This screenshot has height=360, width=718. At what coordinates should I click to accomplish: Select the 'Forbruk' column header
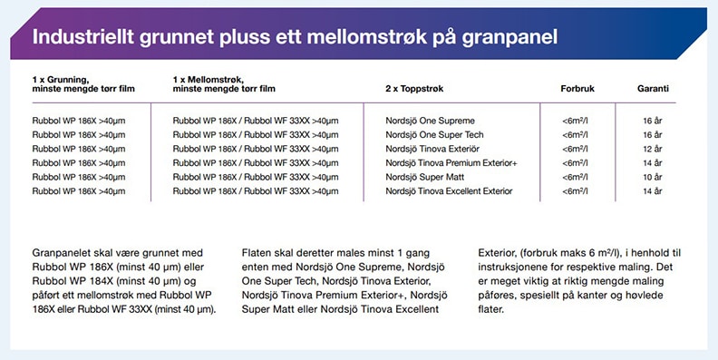pyautogui.click(x=577, y=88)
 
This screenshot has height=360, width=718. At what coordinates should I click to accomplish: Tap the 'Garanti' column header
pyautogui.click(x=653, y=88)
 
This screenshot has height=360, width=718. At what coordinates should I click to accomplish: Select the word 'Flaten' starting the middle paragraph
pyautogui.click(x=259, y=251)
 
